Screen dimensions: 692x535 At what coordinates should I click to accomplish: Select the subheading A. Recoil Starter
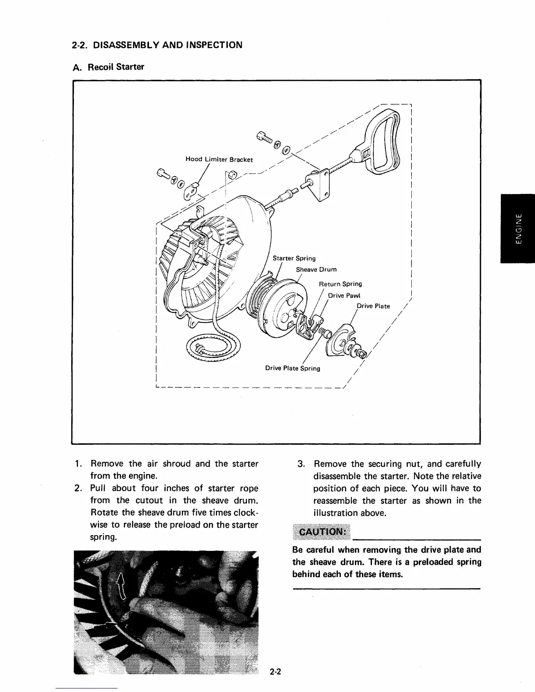click(x=108, y=67)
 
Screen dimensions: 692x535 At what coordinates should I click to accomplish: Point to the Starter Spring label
click(x=294, y=258)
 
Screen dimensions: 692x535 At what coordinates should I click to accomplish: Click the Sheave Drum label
click(x=316, y=270)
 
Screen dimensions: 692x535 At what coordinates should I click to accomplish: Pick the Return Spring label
click(x=340, y=284)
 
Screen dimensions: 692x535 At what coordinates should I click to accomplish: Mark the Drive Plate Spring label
click(x=292, y=368)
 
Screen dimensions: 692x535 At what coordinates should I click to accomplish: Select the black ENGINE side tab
click(x=518, y=228)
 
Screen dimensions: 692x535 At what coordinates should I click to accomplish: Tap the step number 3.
click(x=301, y=464)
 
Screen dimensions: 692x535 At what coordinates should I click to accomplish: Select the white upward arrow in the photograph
click(x=121, y=585)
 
